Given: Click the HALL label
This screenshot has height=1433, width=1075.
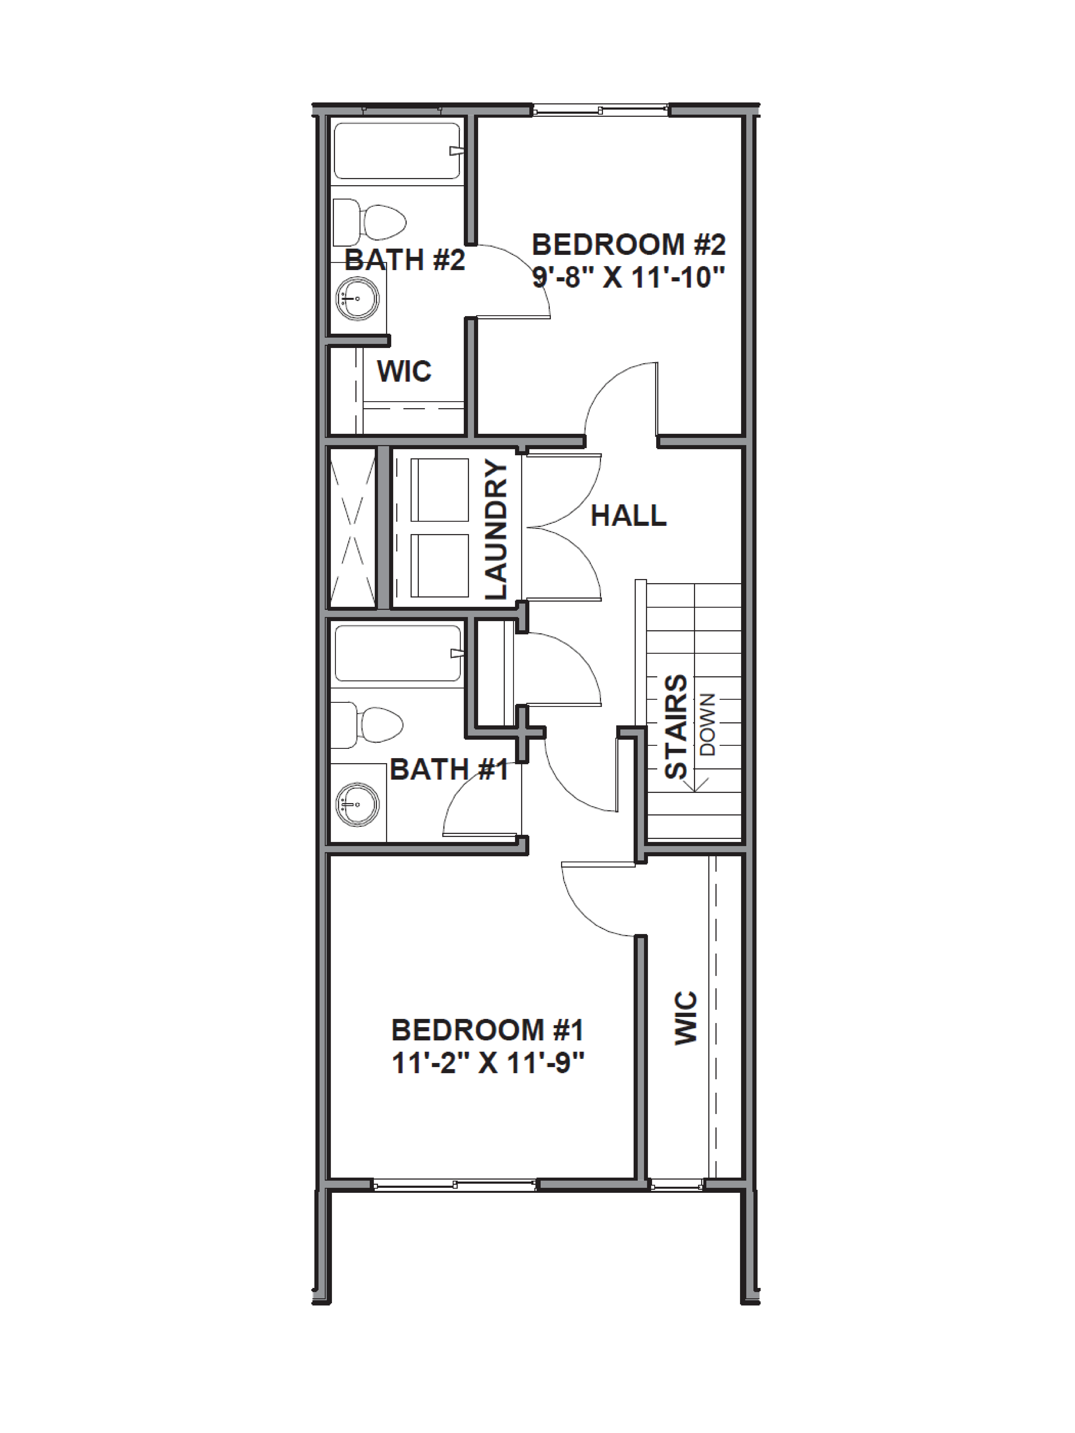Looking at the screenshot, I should point(628,516).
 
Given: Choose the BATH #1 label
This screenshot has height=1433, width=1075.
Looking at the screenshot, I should point(448,770).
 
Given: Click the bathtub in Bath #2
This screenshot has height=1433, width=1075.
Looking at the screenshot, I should point(397,151).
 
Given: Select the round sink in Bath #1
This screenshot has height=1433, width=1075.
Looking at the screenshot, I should point(356,804).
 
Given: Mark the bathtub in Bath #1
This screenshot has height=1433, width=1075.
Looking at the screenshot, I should point(397,653).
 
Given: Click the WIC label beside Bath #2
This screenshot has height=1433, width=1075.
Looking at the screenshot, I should point(404,371).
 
